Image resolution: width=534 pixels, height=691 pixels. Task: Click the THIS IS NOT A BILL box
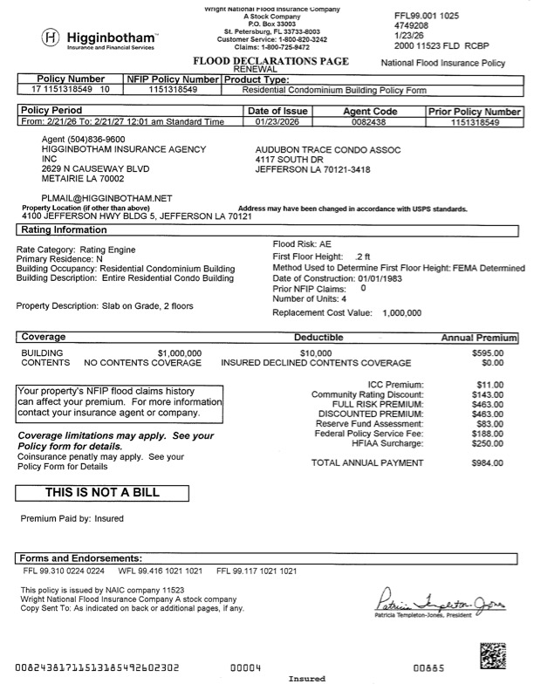pos(103,492)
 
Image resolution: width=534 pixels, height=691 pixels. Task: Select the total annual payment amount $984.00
pos(488,463)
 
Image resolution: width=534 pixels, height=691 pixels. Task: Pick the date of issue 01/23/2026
pos(277,123)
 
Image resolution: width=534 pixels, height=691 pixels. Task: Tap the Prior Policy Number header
pos(475,112)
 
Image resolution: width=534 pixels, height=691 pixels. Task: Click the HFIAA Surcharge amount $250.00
pos(488,442)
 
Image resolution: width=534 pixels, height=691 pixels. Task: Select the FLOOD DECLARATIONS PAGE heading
pos(274,61)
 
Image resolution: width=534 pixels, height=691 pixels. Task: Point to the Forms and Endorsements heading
pos(79,558)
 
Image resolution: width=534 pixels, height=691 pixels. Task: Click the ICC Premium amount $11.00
pos(489,385)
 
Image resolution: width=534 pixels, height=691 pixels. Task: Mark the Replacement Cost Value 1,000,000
pos(401,312)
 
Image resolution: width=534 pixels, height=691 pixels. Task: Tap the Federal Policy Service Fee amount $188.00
pos(488,433)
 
